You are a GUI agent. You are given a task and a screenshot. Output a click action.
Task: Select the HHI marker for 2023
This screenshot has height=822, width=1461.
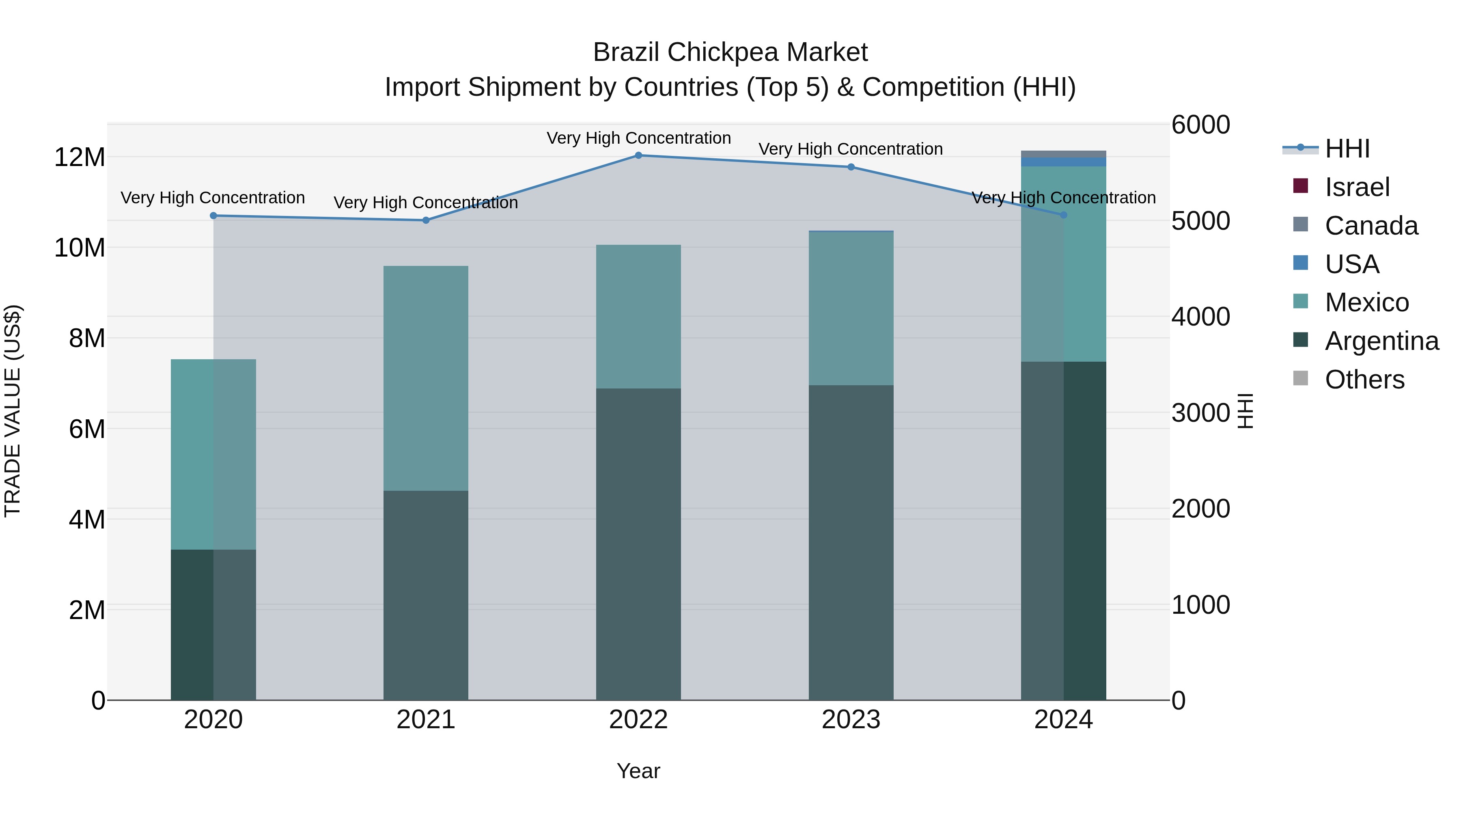(851, 167)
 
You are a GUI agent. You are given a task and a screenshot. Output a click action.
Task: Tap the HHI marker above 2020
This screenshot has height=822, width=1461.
(213, 216)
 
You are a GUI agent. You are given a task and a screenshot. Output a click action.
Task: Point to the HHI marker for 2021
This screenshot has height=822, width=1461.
(426, 220)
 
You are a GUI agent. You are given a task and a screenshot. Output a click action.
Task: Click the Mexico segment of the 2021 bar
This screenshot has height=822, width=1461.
(426, 378)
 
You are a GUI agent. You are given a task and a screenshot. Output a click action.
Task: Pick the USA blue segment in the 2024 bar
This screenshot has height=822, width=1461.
(1063, 162)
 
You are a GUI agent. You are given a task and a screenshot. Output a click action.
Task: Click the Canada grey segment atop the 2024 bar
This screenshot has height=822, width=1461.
(1063, 154)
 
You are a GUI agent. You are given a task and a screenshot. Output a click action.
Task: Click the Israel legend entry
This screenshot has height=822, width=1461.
(1357, 187)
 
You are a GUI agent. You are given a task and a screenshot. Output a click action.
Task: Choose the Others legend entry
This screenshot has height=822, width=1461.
(1364, 380)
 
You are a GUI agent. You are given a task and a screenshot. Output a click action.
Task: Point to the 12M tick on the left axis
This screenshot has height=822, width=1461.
(80, 157)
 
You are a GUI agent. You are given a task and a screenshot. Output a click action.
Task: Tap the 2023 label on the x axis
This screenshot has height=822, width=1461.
(851, 720)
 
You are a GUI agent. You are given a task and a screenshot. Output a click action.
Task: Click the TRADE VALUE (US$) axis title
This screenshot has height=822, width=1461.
(13, 411)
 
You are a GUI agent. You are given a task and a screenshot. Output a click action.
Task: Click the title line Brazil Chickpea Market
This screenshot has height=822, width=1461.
(730, 53)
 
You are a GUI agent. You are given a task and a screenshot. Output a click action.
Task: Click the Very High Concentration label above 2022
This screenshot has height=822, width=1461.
(639, 138)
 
